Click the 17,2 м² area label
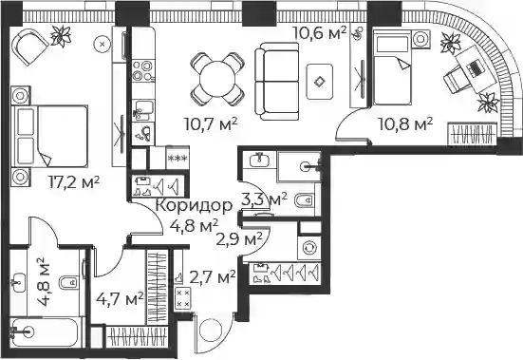click(x=74, y=182)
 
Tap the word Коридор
click(x=195, y=205)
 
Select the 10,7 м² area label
click(x=211, y=124)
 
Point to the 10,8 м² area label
click(x=405, y=124)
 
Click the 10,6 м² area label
click(x=320, y=32)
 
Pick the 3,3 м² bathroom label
click(x=264, y=199)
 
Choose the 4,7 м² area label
click(x=120, y=298)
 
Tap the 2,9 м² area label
click(x=239, y=238)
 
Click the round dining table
click(x=217, y=80)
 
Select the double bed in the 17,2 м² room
click(x=49, y=136)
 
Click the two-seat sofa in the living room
click(x=277, y=82)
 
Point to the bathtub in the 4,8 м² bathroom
click(x=46, y=332)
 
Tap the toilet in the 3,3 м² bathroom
click(x=305, y=200)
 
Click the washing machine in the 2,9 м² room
click(x=309, y=248)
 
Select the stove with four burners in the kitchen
click(x=143, y=70)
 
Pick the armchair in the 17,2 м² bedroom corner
click(x=30, y=45)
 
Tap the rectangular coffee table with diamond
click(x=320, y=82)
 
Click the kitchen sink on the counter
click(x=143, y=110)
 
